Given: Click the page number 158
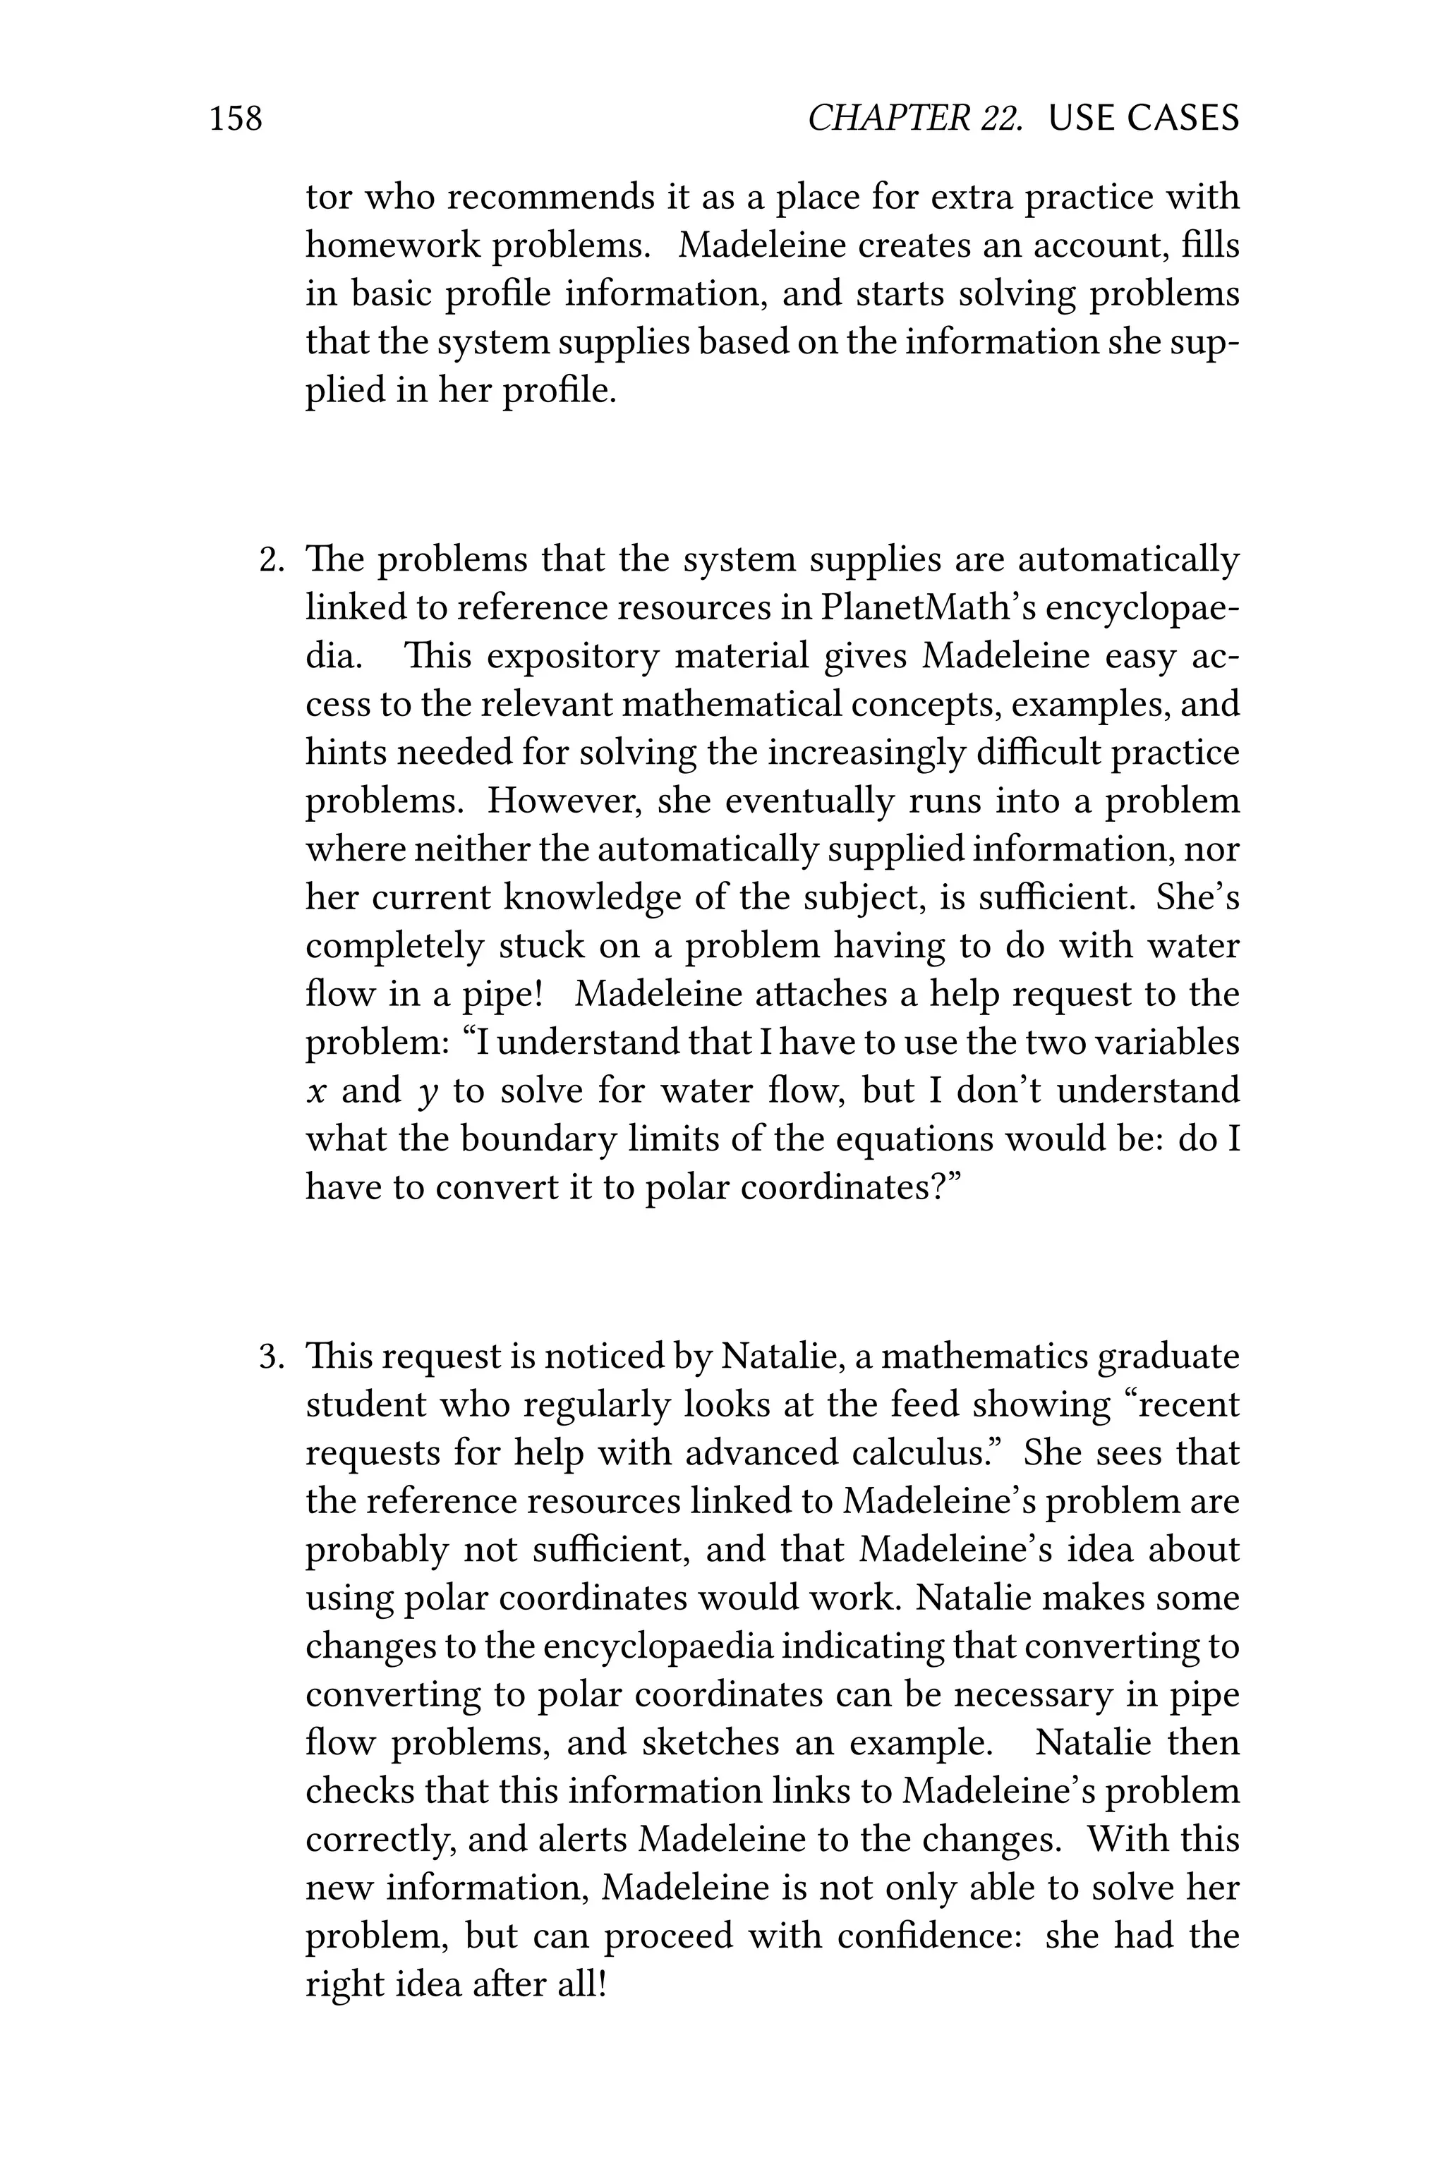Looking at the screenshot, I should click(x=236, y=119).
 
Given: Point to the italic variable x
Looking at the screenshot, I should click(x=316, y=1092).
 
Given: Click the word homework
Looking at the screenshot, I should click(x=392, y=246).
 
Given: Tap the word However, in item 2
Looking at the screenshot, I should click(x=564, y=801).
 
